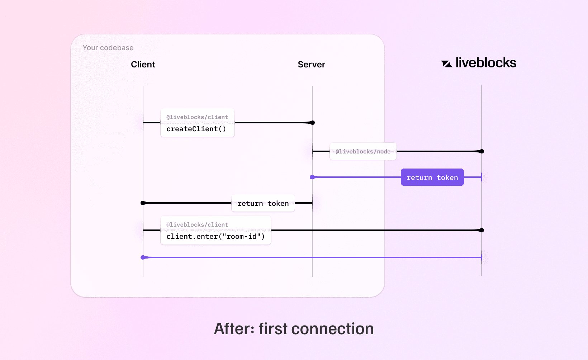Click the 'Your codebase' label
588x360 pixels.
108,48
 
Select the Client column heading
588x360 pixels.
143,65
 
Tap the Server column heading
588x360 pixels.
311,65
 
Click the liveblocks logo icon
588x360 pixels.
446,64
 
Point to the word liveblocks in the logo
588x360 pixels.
486,63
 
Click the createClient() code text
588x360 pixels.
196,129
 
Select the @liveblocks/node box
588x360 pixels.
363,152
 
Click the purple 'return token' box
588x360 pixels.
432,177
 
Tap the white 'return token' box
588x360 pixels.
263,203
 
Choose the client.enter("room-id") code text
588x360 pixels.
215,237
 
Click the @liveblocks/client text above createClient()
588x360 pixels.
197,117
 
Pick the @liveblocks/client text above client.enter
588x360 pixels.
197,225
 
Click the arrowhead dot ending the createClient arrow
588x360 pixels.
312,123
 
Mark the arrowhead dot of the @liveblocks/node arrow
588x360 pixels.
482,151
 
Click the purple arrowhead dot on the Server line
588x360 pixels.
312,177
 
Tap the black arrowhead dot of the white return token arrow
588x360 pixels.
143,203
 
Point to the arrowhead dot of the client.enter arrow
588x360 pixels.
482,230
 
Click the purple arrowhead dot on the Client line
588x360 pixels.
143,257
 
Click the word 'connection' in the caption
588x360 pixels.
332,329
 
